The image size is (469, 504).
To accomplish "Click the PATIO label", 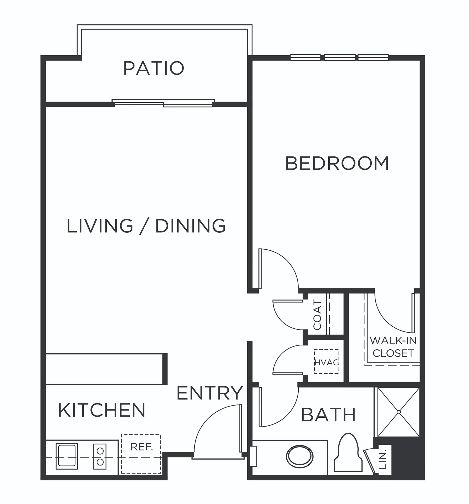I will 154,68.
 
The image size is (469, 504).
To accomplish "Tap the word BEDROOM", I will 337,163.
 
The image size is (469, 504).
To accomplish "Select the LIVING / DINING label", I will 146,226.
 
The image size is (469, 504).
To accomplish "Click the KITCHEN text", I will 102,410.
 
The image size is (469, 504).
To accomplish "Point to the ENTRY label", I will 210,393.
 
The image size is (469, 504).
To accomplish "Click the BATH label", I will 328,415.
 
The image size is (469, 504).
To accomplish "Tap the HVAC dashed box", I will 326,361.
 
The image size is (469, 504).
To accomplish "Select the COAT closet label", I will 317,315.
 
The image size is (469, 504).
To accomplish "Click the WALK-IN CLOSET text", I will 393,347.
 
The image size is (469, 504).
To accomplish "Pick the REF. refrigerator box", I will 141,454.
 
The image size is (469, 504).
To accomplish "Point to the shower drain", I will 399,412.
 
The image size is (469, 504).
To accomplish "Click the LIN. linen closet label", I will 383,459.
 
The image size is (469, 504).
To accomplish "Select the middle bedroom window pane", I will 340,57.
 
